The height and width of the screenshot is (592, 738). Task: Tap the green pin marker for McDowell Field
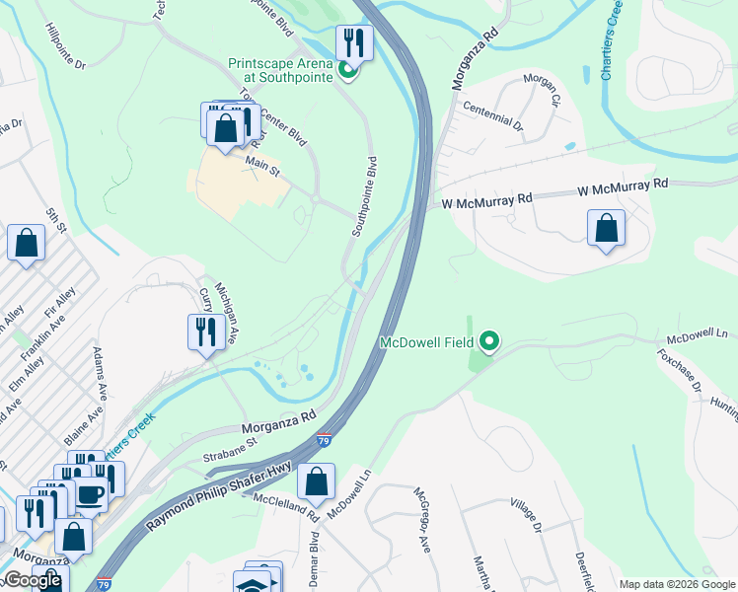[x=488, y=343]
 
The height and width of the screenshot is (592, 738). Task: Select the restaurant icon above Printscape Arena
[x=350, y=42]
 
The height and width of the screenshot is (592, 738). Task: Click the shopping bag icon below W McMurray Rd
[x=606, y=229]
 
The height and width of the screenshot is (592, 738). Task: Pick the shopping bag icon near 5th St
[x=26, y=243]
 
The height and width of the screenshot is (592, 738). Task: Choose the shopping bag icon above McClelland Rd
[x=316, y=482]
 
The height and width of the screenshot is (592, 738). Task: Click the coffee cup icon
[x=90, y=494]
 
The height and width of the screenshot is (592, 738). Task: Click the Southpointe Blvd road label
[x=364, y=195]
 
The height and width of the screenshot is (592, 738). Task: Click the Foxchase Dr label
[x=681, y=373]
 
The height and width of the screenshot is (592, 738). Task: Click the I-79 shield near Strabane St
[x=324, y=436]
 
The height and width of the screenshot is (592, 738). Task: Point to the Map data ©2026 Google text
[x=677, y=584]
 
